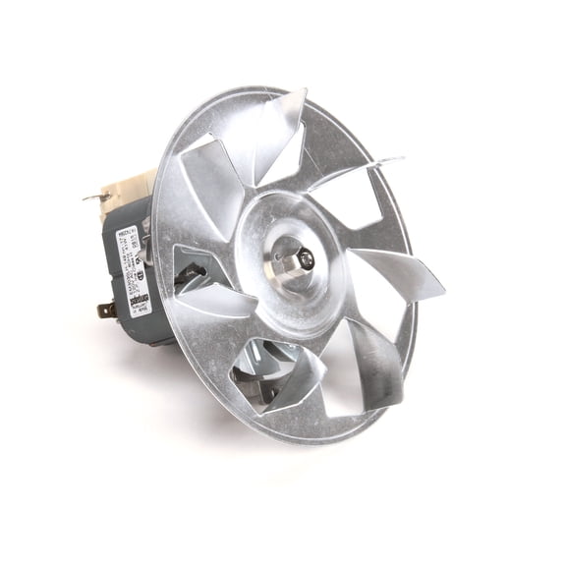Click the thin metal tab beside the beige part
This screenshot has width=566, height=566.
pos(95,197)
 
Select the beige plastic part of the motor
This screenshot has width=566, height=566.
pos(128,187)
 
